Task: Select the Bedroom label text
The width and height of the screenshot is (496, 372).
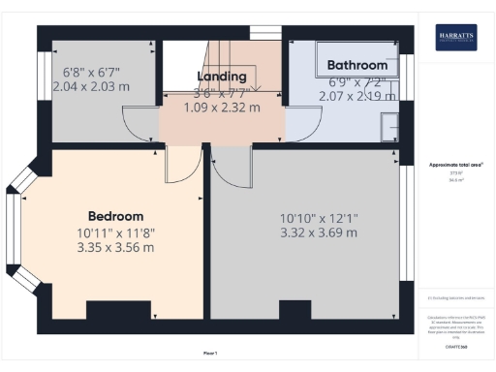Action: click(x=115, y=216)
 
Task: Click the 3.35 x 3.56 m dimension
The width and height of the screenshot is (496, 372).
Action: click(x=115, y=247)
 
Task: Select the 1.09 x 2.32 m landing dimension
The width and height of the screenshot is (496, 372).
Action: click(x=222, y=108)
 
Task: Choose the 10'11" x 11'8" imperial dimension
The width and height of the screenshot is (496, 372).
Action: click(x=115, y=232)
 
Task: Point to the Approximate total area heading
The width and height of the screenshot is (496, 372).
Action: click(x=454, y=165)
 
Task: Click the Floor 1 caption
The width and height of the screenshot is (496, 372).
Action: click(x=209, y=353)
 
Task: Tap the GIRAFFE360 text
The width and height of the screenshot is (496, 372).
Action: click(x=454, y=345)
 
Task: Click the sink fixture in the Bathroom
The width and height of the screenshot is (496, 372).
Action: click(x=391, y=127)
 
